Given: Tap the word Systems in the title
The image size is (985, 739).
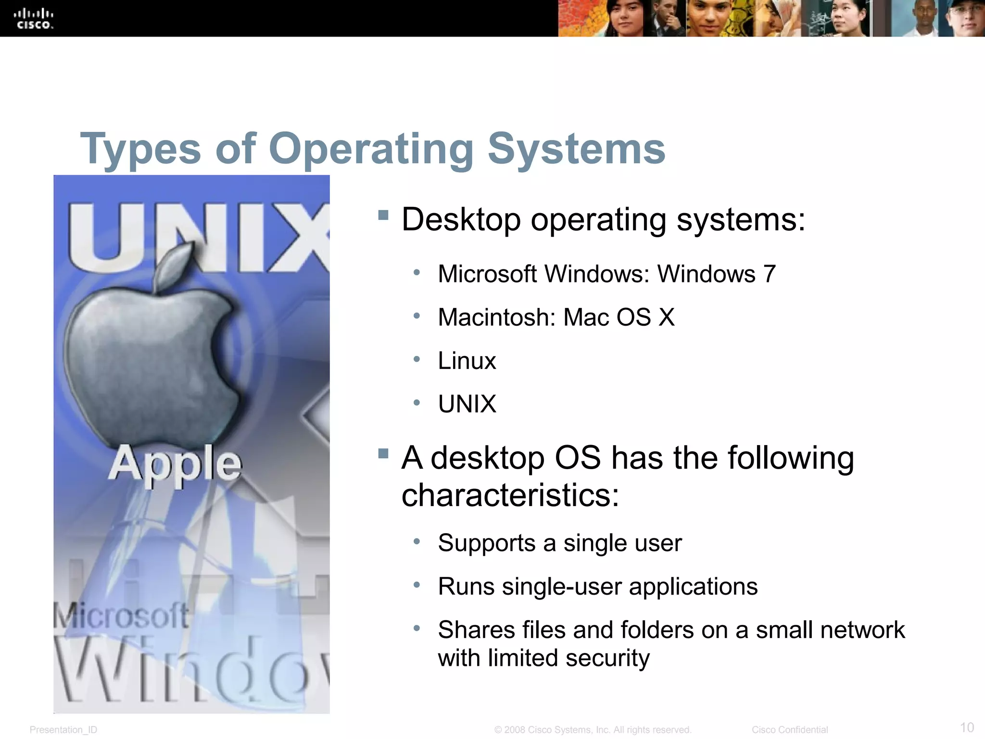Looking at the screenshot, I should tap(576, 149).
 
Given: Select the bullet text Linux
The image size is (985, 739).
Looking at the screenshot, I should tap(467, 361).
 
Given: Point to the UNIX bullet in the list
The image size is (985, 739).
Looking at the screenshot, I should tap(467, 404).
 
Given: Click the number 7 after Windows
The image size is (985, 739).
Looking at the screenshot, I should tap(769, 274).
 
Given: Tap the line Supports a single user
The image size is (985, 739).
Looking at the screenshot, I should tap(559, 543).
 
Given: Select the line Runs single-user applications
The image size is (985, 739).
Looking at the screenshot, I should tap(597, 586).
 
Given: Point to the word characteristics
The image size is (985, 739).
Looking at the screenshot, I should tap(510, 495).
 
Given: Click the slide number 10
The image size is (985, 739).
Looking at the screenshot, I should tap(967, 727).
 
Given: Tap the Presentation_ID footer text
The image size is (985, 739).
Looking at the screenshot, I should tap(63, 730).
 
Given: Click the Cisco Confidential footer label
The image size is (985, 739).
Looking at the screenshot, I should tap(789, 730).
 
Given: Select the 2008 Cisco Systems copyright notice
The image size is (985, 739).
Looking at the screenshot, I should tap(593, 730).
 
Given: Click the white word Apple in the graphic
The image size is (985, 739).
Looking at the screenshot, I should tap(175, 463).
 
